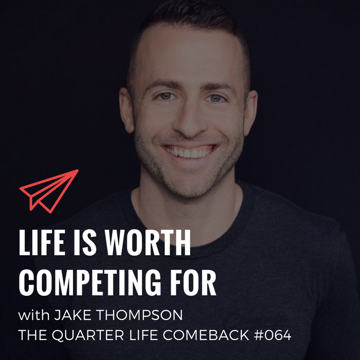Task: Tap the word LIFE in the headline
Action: pyautogui.click(x=42, y=242)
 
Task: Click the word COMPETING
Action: pyautogui.click(x=90, y=283)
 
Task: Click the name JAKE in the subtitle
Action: pyautogui.click(x=73, y=315)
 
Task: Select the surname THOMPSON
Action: pyautogui.click(x=139, y=315)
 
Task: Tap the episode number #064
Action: pyautogui.click(x=273, y=335)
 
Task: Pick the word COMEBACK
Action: pyautogui.click(x=206, y=335)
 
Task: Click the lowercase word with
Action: pyautogui.click(x=34, y=315)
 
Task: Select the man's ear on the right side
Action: pyautogui.click(x=250, y=113)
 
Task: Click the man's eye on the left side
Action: pyautogui.click(x=165, y=96)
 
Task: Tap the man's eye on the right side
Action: pyautogui.click(x=215, y=98)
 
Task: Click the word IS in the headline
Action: pyautogui.click(x=85, y=242)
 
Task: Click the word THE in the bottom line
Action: pyautogui.click(x=32, y=335)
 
